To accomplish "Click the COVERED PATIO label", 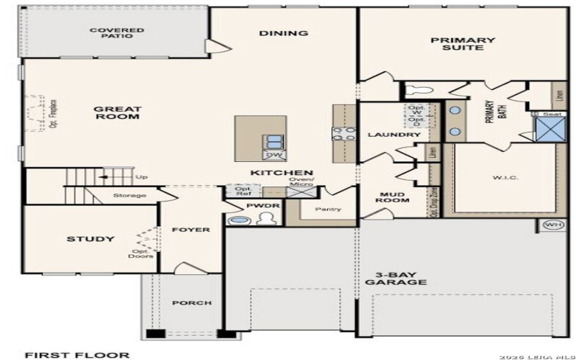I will click(117, 33).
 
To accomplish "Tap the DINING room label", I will click(284, 33).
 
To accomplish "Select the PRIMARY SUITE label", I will click(463, 45).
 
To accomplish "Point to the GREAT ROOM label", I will click(117, 112).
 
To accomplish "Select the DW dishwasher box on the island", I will click(274, 155).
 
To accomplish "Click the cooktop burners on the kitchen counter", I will click(343, 132).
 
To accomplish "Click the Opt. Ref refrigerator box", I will click(239, 191).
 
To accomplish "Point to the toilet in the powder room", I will click(262, 219).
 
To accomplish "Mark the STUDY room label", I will click(91, 239).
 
